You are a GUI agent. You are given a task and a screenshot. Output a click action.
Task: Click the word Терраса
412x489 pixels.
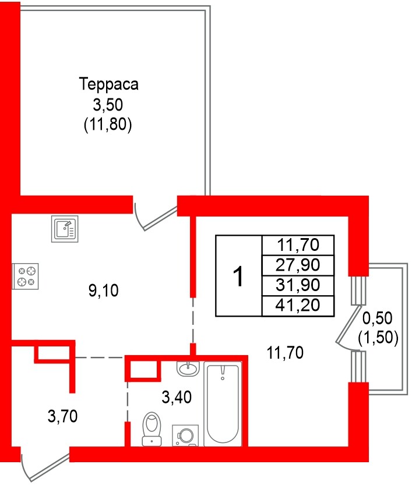point(108,85)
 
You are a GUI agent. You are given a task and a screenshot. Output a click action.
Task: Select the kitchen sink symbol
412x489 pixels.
point(64,229)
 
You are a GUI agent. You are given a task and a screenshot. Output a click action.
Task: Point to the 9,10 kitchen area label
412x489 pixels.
point(103,290)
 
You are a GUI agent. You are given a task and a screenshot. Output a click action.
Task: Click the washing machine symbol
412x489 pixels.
point(186,436)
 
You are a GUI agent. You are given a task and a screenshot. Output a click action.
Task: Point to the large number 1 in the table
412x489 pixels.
point(238,276)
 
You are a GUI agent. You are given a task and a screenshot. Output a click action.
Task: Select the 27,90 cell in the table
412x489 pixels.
point(298,265)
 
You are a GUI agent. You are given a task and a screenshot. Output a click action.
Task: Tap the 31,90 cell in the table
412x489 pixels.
point(298,285)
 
